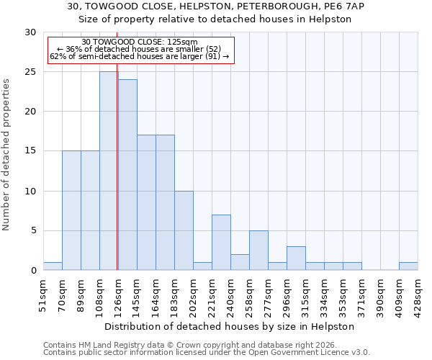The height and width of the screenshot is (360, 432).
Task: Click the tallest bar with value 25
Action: click(x=109, y=171)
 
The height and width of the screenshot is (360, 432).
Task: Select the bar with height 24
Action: click(x=127, y=175)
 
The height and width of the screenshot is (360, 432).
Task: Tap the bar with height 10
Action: click(x=184, y=230)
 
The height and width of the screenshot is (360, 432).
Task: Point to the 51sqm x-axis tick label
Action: click(x=43, y=292)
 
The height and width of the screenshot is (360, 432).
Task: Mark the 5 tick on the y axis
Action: click(x=33, y=230)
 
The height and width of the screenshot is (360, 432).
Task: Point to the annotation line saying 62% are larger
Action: click(x=140, y=55)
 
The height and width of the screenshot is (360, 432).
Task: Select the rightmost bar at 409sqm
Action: click(x=408, y=266)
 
